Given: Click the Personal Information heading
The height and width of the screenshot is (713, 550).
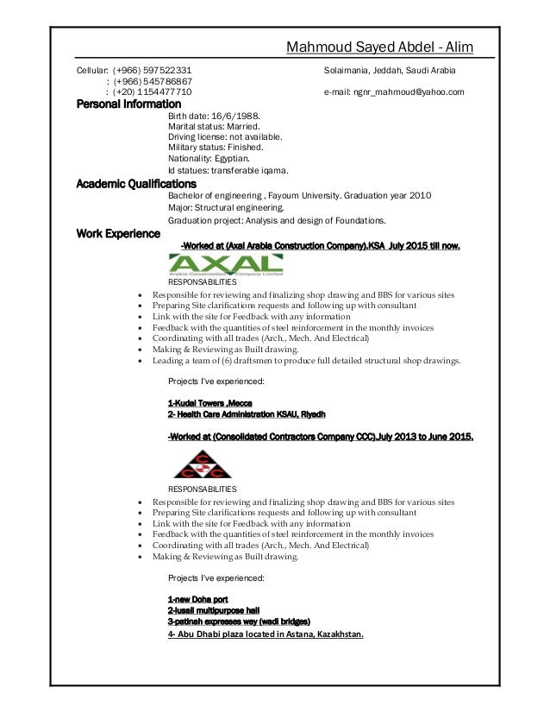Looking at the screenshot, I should [131, 104].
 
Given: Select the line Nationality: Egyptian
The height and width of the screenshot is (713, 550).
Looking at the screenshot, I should [209, 160].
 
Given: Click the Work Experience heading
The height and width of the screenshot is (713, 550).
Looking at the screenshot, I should [118, 233].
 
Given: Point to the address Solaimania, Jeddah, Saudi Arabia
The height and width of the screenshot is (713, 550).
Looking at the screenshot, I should [390, 70].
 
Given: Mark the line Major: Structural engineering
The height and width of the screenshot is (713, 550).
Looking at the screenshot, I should [224, 207].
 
